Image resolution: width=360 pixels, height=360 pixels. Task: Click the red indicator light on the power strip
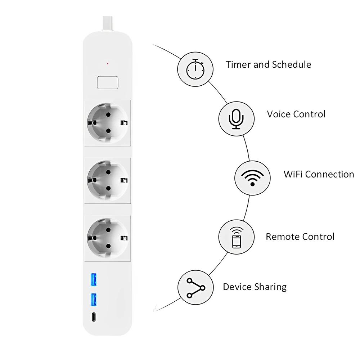pos(107,64)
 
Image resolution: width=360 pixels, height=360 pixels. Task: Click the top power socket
pos(108,122)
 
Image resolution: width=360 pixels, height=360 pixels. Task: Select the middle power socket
pos(108,179)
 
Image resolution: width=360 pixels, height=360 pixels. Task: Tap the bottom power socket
pos(108,237)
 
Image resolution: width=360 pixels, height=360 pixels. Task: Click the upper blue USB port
pos(94,280)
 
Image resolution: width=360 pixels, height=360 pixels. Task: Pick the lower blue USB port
pos(94,299)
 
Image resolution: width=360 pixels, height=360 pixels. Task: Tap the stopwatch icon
pos(195,69)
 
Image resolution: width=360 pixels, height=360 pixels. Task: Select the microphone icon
pos(237,118)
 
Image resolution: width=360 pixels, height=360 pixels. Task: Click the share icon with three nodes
pos(195,287)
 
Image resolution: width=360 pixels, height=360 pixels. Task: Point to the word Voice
pos(279,114)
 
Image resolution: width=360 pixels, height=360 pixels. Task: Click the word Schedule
pos(291,65)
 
